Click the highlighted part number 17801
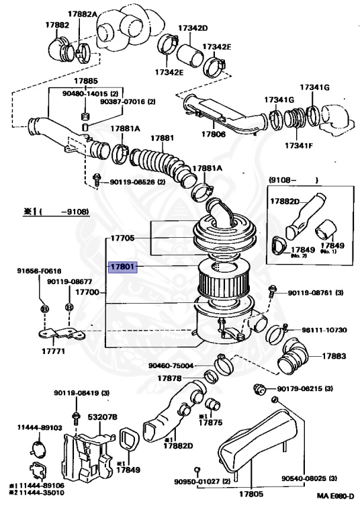pos(124,267)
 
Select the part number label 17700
pos(87,293)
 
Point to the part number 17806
pos(210,134)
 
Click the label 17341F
pos(300,145)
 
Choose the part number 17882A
pos(82,13)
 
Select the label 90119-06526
pos(132,181)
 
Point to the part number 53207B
pos(103,417)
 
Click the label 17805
pos(251,496)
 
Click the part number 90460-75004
pos(172,365)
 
